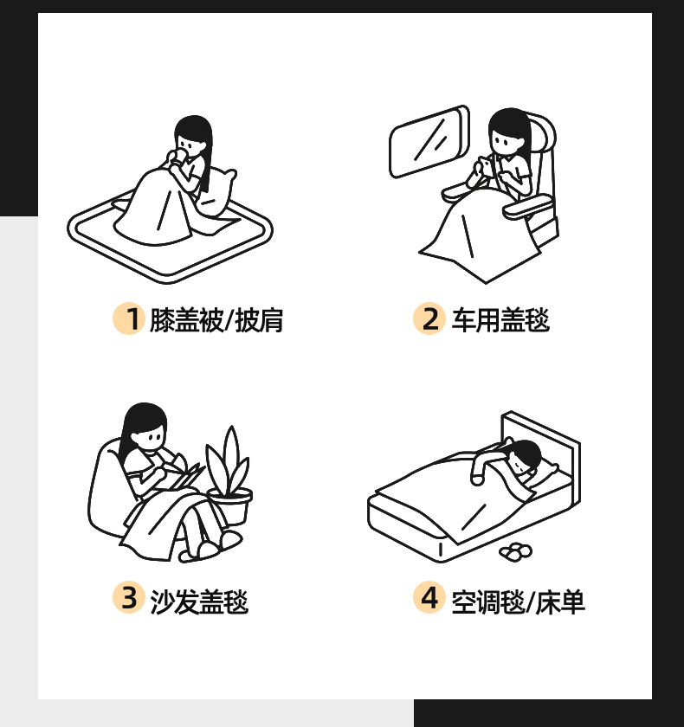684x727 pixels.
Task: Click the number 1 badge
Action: coord(128,318)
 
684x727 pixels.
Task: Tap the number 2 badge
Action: coord(429,318)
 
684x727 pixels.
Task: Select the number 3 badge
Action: coord(128,597)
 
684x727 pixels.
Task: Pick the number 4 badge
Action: coord(429,597)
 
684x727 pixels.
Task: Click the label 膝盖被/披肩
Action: coord(216,320)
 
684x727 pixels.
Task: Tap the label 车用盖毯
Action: coord(500,320)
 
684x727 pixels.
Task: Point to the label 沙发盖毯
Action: coord(199,602)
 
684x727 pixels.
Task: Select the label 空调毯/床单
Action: coord(519,602)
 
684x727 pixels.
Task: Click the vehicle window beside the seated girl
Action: coord(429,141)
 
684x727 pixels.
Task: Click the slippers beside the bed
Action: coord(516,551)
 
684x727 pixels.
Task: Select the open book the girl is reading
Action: coord(184,474)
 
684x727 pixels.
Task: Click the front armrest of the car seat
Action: coord(528,206)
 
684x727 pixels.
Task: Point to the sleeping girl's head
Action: coord(524,457)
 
